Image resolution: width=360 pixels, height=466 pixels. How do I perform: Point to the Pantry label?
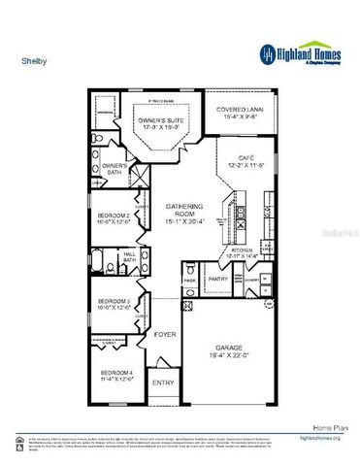(218, 279)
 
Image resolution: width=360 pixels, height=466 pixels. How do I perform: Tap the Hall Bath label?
(131, 257)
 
